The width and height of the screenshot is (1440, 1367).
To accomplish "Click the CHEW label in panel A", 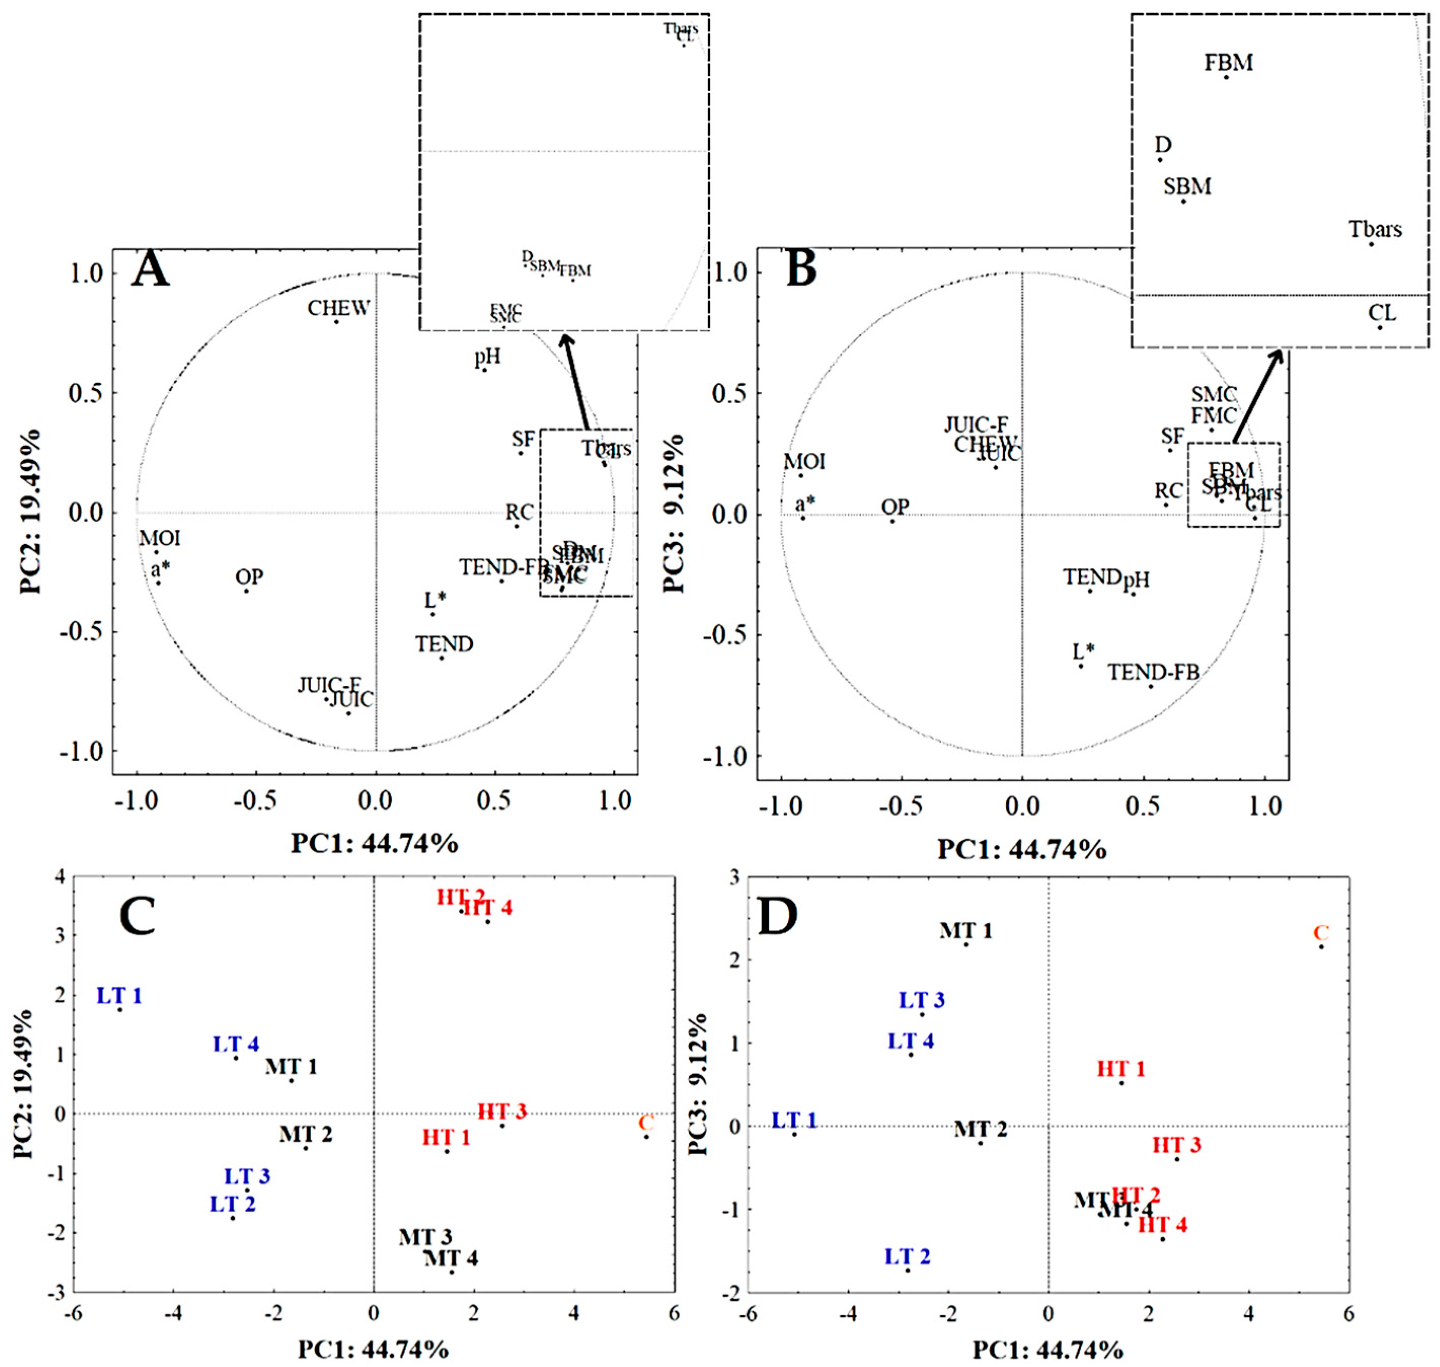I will (x=338, y=308).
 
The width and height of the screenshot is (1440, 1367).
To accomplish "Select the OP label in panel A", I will (x=249, y=577).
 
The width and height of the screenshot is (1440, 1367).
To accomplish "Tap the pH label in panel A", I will (x=488, y=357).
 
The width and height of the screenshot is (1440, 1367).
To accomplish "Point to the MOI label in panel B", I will (x=804, y=461).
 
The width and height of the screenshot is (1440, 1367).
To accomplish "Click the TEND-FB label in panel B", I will (x=1153, y=672).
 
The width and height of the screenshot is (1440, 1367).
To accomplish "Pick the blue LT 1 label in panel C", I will (x=120, y=995).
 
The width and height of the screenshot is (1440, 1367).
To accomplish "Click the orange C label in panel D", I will (x=1320, y=933).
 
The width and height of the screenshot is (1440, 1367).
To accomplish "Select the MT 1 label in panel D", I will (x=965, y=930).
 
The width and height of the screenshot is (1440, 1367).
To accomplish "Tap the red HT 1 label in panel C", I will (x=446, y=1137).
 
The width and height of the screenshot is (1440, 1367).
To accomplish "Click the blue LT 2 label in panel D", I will (x=907, y=1256).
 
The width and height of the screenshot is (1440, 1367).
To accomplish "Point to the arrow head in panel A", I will (x=565, y=339).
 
